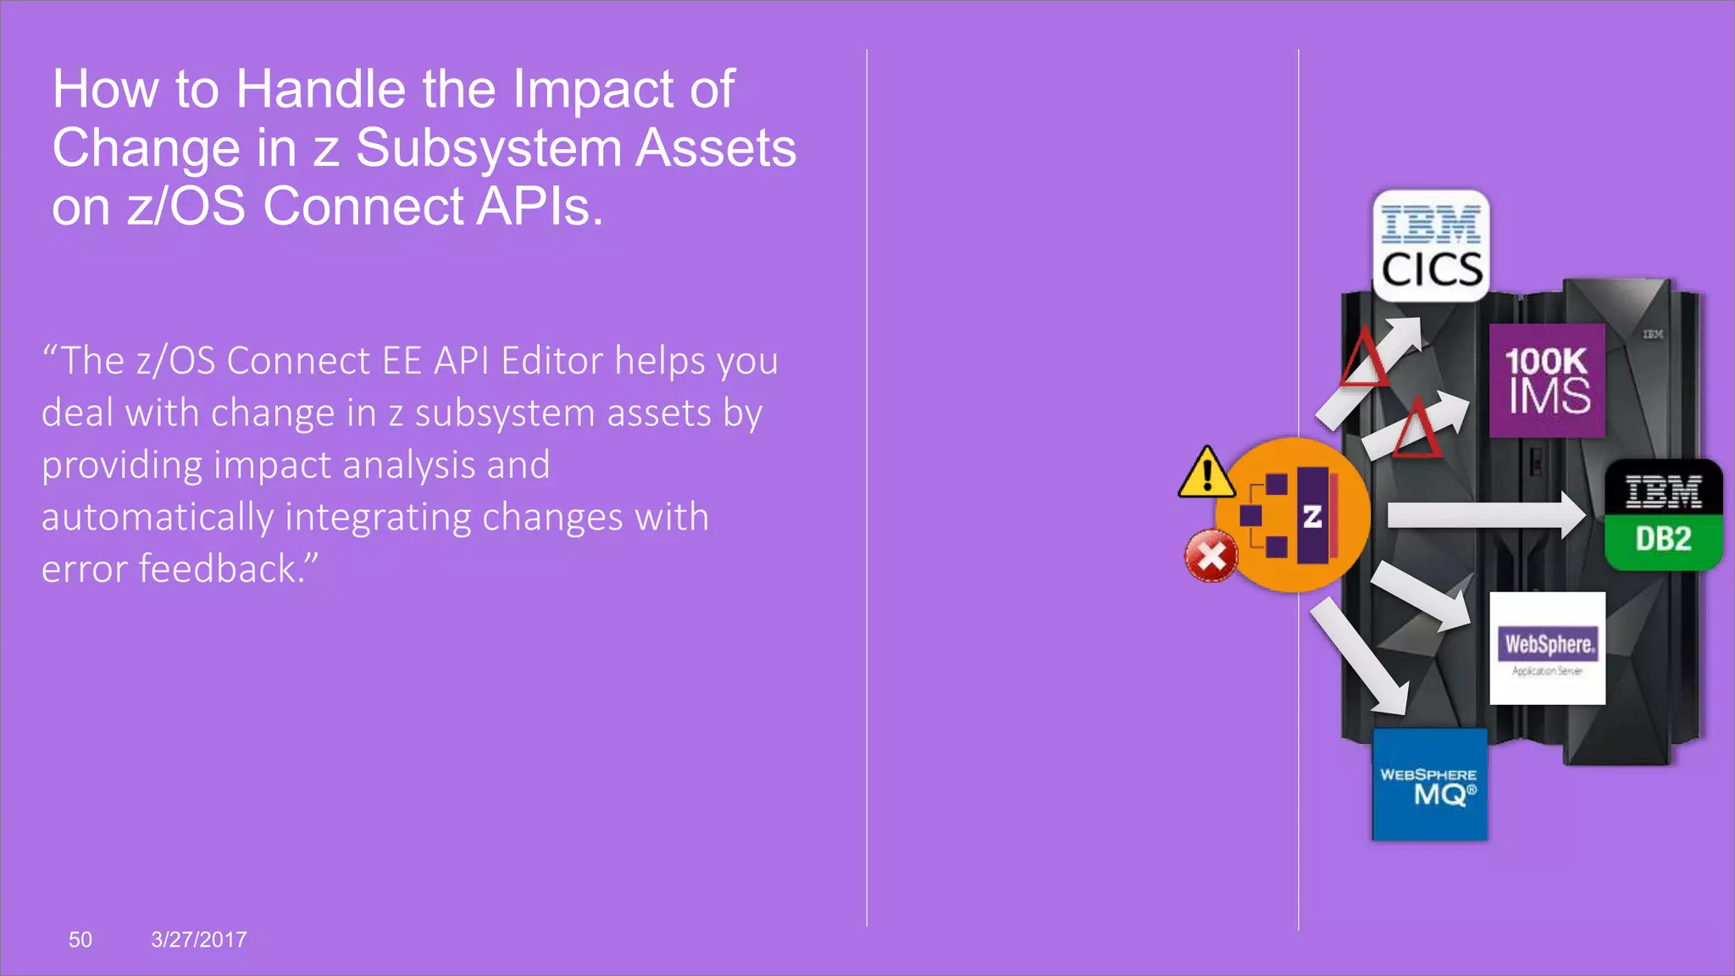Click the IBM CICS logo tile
pyautogui.click(x=1431, y=246)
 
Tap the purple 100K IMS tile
pyautogui.click(x=1547, y=380)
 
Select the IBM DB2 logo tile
pyautogui.click(x=1663, y=515)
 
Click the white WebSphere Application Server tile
pyautogui.click(x=1547, y=648)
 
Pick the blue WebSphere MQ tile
pyautogui.click(x=1429, y=785)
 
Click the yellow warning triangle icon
pyautogui.click(x=1206, y=474)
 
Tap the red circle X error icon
pyautogui.click(x=1211, y=557)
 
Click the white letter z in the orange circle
pyautogui.click(x=1312, y=516)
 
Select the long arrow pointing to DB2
pyautogui.click(x=1483, y=515)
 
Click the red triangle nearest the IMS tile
pyautogui.click(x=1416, y=430)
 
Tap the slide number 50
pyautogui.click(x=80, y=940)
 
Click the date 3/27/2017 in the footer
pyautogui.click(x=198, y=940)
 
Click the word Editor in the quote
pyautogui.click(x=552, y=361)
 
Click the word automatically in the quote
pyautogui.click(x=157, y=518)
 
